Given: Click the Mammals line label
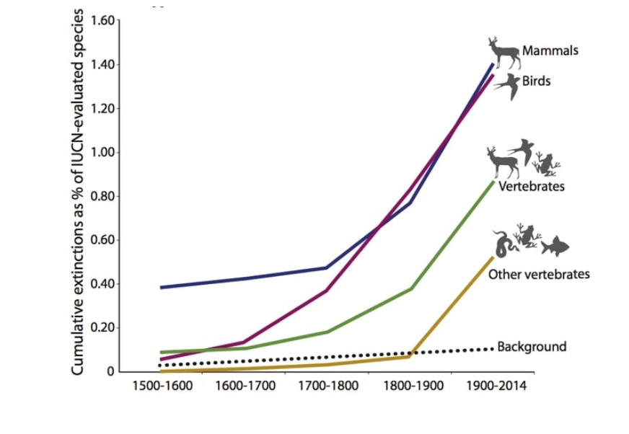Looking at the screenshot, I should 550,51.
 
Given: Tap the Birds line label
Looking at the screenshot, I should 537,81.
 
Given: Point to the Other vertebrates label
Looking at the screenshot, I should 539,274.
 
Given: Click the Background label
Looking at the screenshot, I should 532,347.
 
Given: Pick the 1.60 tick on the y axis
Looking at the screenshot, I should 101,19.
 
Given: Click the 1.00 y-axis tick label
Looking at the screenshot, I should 101,152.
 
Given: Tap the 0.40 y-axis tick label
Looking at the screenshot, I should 101,284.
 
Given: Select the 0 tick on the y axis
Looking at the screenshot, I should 110,372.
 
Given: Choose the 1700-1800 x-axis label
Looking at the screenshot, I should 328,386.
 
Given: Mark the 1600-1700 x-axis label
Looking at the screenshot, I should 244,386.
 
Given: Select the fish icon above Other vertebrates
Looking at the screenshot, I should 555,247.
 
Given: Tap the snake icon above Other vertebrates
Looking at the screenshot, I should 503,244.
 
